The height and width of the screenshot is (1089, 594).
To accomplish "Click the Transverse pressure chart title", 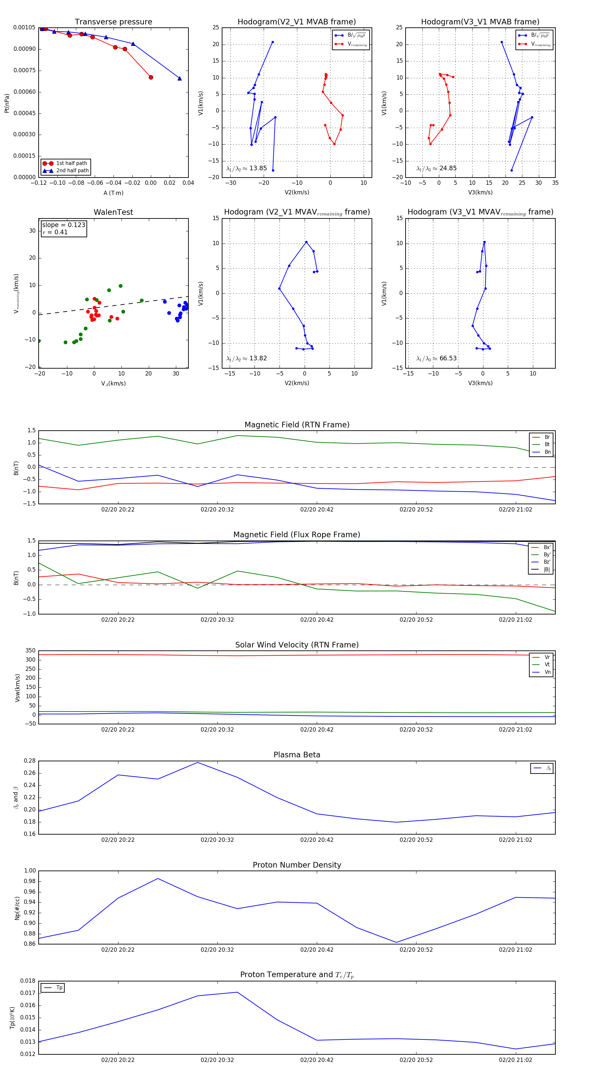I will [x=113, y=22].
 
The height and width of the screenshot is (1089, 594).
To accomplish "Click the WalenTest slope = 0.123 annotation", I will [x=63, y=225].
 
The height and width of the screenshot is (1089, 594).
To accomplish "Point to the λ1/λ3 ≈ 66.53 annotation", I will [x=436, y=358].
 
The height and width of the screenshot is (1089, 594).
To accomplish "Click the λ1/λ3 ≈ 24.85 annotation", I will [x=436, y=168].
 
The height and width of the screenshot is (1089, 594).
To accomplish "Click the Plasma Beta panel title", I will [x=297, y=755].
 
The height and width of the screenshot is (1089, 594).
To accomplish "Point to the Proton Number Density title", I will [x=297, y=865].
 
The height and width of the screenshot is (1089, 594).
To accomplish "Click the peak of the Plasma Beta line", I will [x=197, y=763].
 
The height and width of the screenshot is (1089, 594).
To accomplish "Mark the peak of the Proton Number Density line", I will [x=158, y=878].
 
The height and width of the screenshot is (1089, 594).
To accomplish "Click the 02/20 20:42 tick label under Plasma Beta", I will [x=317, y=840].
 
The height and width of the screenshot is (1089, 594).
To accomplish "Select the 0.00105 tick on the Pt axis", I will [x=24, y=27].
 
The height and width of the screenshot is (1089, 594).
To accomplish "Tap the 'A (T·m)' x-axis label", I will [x=113, y=193].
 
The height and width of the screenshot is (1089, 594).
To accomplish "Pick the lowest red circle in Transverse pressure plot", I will [x=151, y=77].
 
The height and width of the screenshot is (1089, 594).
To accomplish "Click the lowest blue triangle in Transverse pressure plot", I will [x=180, y=79].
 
